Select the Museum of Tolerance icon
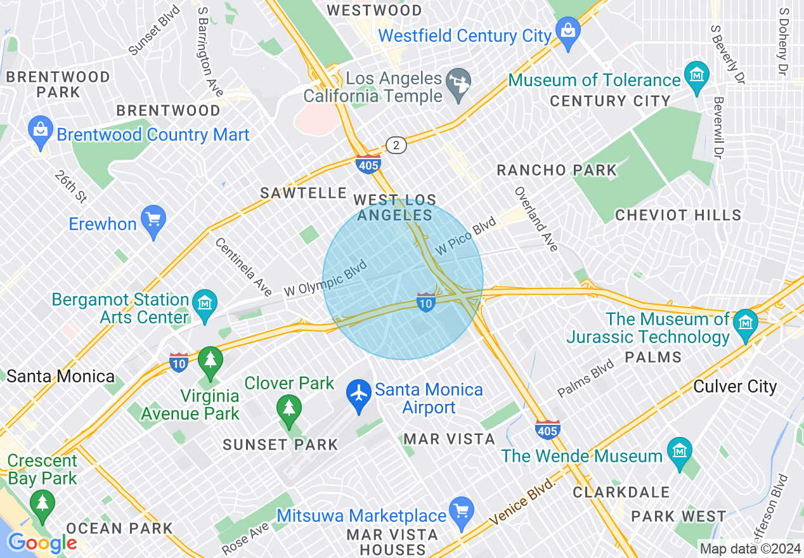pyautogui.click(x=696, y=75)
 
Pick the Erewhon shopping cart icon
pyautogui.click(x=153, y=219)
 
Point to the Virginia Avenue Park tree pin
pyautogui.click(x=210, y=361)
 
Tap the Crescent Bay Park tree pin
pyautogui.click(x=42, y=503)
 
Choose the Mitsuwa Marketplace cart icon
pyautogui.click(x=461, y=510)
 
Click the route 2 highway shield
pyautogui.click(x=396, y=146)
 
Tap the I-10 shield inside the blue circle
pyautogui.click(x=426, y=302)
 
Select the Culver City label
pyautogui.click(x=735, y=386)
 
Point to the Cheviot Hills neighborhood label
pyautogui.click(x=678, y=215)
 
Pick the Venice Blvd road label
pyautogui.click(x=522, y=502)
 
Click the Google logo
pyautogui.click(x=42, y=543)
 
